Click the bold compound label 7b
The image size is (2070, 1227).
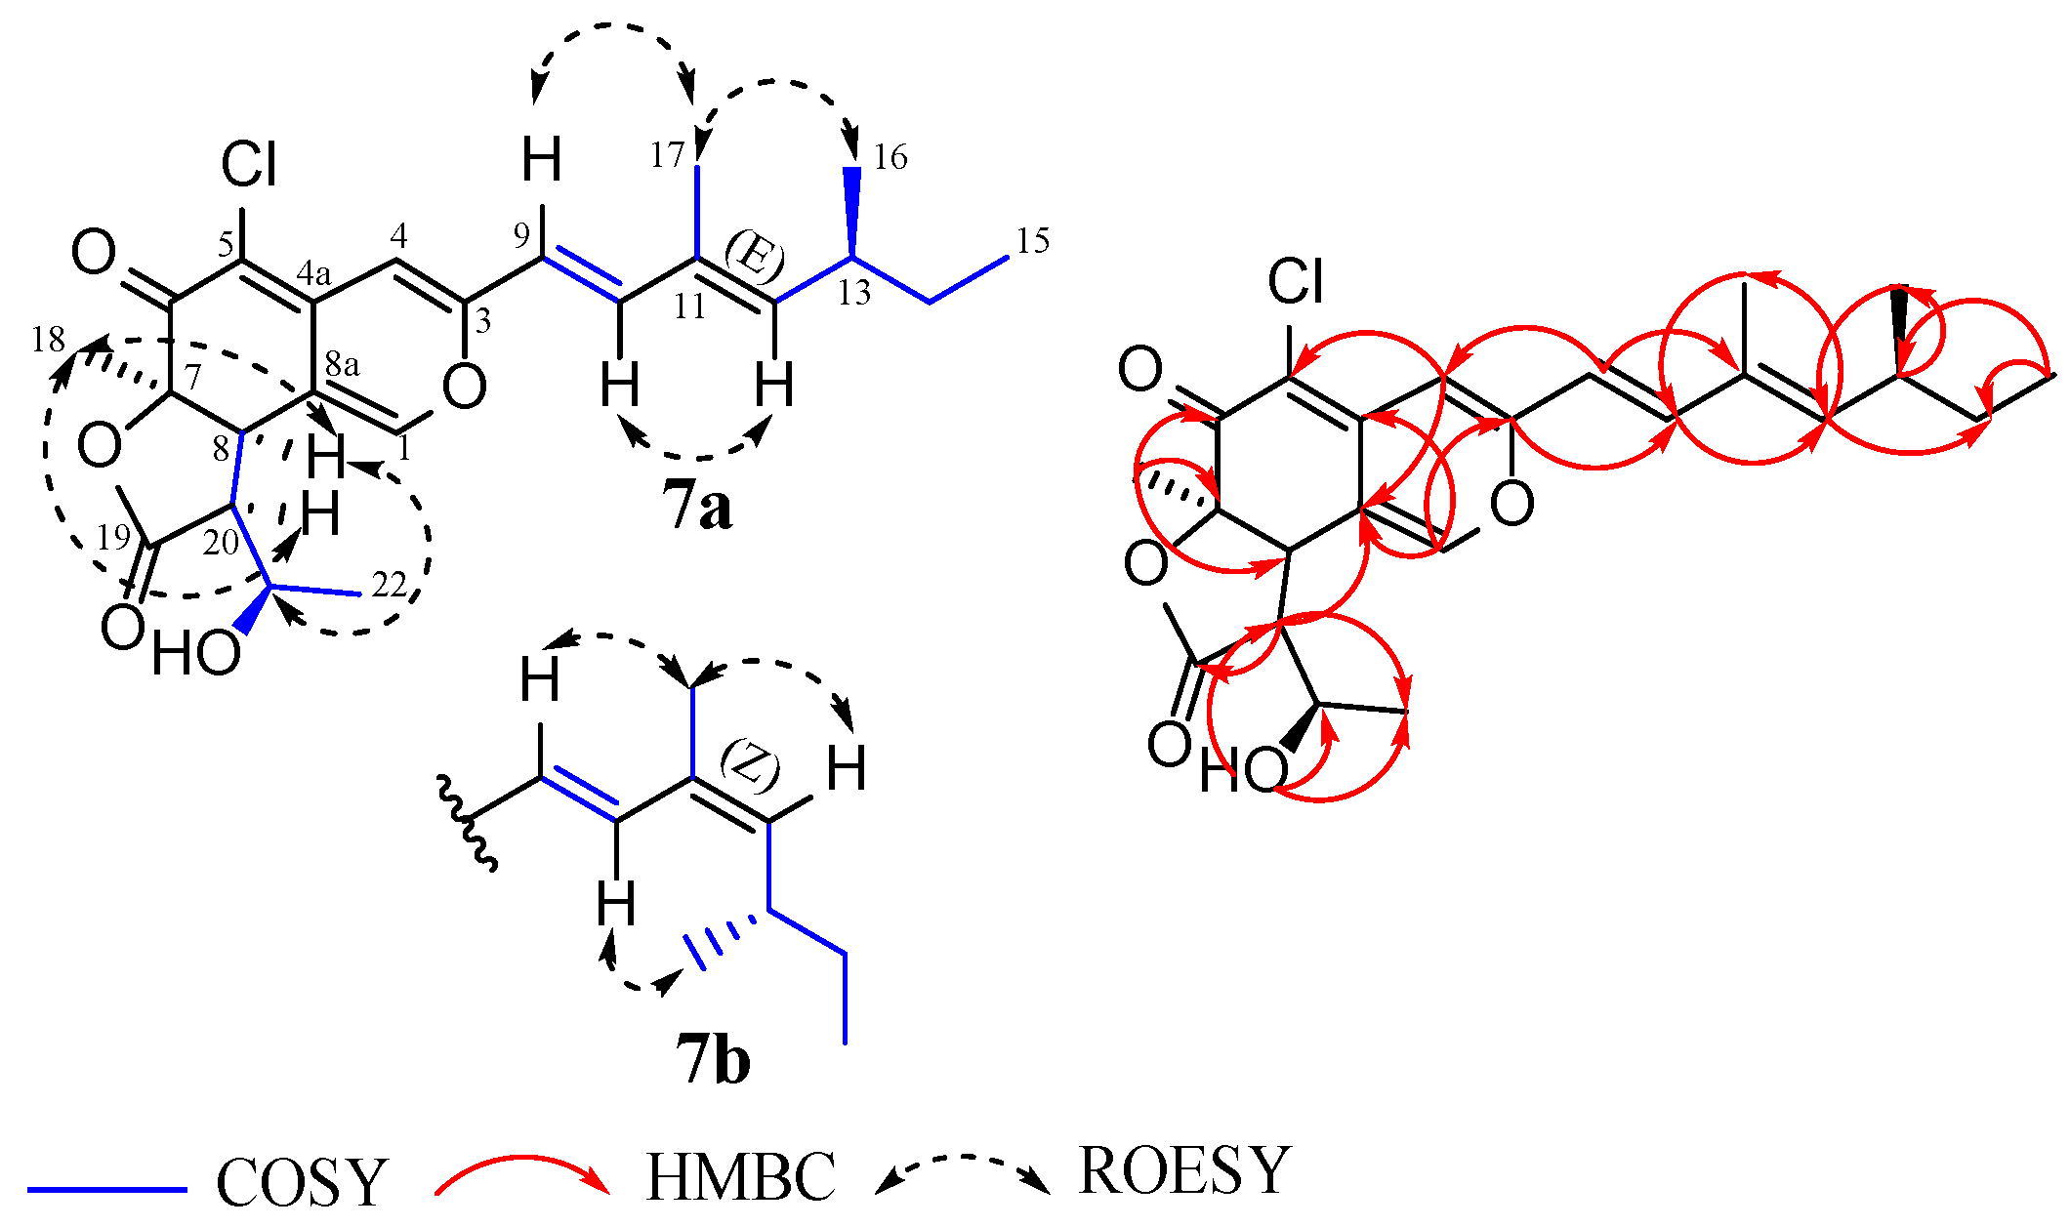pyautogui.click(x=713, y=1061)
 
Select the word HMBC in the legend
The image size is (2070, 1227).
pyautogui.click(x=740, y=1176)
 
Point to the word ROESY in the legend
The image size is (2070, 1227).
pyautogui.click(x=1184, y=1170)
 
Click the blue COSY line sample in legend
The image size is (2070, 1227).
pyautogui.click(x=107, y=1190)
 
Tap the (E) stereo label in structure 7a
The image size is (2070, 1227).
pyautogui.click(x=754, y=257)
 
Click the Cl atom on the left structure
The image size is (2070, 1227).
pyautogui.click(x=249, y=164)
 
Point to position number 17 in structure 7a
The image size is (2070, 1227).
pyautogui.click(x=668, y=155)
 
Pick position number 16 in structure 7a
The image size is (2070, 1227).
pyautogui.click(x=890, y=156)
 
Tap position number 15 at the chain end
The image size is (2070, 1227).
pyautogui.click(x=1032, y=241)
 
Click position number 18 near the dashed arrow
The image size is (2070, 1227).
pyautogui.click(x=48, y=340)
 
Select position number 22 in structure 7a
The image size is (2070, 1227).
pyautogui.click(x=389, y=585)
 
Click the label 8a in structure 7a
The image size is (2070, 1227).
pyautogui.click(x=342, y=364)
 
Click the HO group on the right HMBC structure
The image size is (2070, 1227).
pyautogui.click(x=1243, y=771)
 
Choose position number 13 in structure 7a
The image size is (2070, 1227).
pyautogui.click(x=854, y=292)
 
